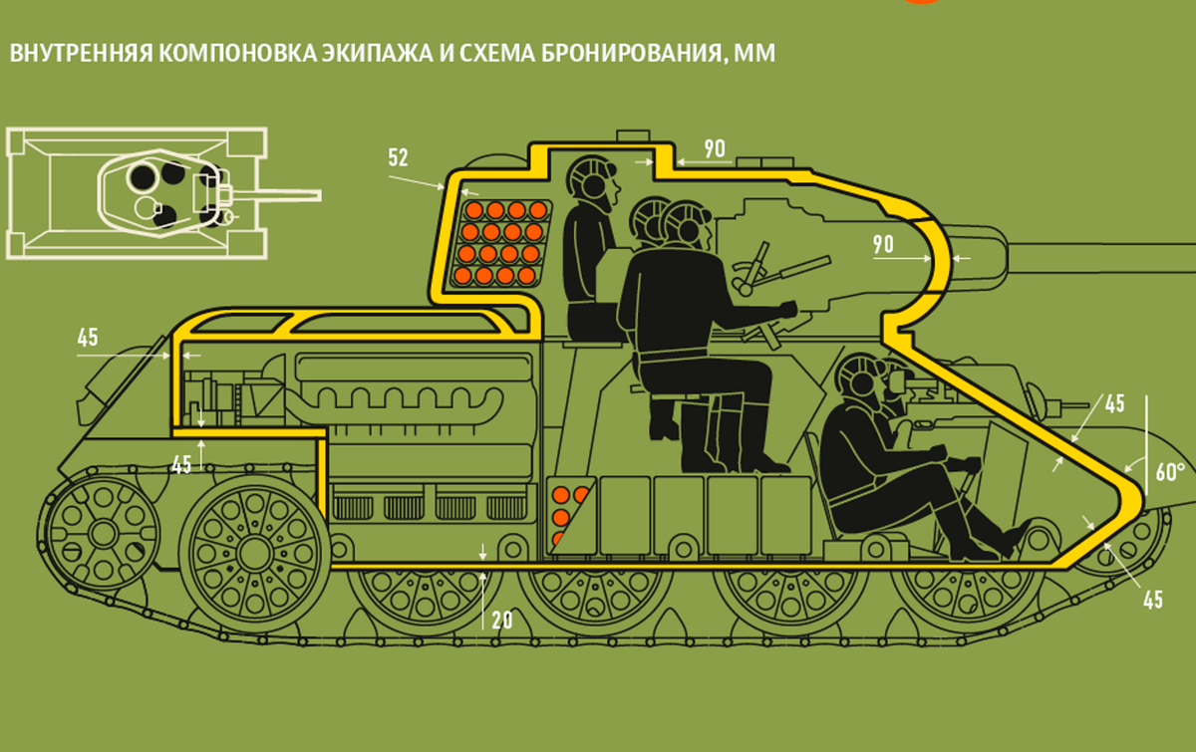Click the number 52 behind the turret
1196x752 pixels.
(x=399, y=157)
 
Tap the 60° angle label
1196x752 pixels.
(x=1170, y=472)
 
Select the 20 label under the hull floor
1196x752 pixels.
(x=502, y=621)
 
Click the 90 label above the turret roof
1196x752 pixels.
(x=715, y=148)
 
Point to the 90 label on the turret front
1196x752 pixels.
(x=883, y=244)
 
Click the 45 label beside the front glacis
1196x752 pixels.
(x=1115, y=403)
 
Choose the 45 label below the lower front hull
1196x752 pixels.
(x=1153, y=600)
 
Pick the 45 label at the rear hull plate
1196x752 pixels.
(x=88, y=338)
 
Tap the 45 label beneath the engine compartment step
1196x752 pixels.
(x=181, y=465)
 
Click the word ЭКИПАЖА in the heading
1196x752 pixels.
(x=377, y=54)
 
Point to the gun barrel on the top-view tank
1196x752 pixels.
(x=278, y=195)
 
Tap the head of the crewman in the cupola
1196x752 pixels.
(x=592, y=178)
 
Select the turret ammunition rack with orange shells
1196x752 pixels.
(x=502, y=243)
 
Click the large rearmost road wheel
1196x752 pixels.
(x=254, y=554)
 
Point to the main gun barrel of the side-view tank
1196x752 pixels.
(x=1100, y=258)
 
